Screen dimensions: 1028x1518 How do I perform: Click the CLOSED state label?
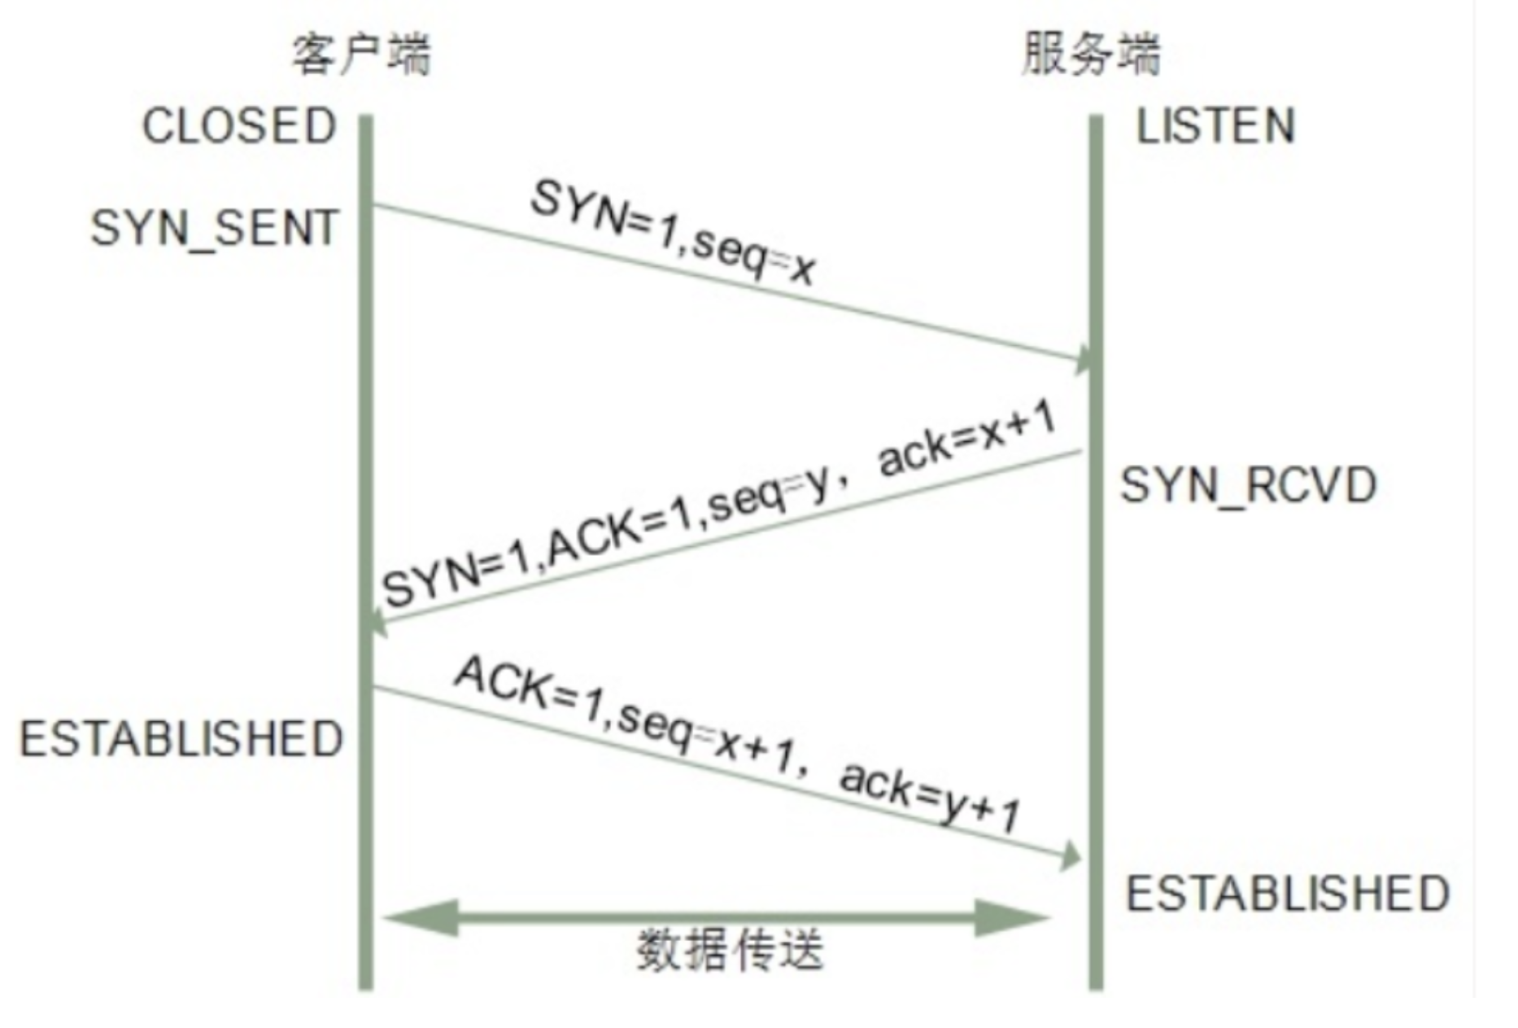[239, 126]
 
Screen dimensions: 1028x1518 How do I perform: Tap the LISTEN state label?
[1215, 126]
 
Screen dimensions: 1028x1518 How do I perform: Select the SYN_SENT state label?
[214, 228]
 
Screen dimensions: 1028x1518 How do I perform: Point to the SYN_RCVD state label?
[1248, 485]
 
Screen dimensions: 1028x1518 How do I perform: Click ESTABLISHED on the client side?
[181, 738]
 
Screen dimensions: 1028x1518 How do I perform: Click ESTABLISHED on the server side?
[1288, 893]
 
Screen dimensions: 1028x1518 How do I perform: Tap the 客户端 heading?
[361, 55]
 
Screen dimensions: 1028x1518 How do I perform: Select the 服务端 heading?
[1091, 55]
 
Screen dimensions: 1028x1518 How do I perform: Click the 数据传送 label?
[730, 949]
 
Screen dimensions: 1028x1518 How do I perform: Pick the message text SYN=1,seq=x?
[672, 233]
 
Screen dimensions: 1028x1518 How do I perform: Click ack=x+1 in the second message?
[968, 439]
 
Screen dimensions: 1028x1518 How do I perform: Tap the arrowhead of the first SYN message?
[1084, 358]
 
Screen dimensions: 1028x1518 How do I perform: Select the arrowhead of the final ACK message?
[1071, 857]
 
